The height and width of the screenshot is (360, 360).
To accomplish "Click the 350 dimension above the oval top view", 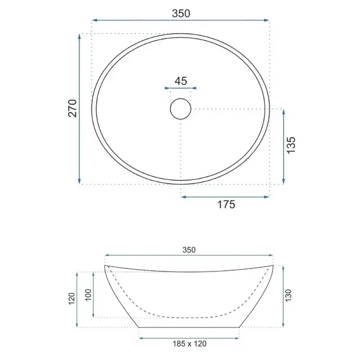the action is coord(181,14).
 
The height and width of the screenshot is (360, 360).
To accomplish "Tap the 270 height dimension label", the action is coord(73,109).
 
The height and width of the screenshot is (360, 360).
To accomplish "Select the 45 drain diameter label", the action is coord(181,81).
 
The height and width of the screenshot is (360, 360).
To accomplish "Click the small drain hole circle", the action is coord(181,109).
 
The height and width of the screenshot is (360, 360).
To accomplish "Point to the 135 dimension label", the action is coord(291,145).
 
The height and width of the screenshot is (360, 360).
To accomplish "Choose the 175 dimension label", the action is coord(226,204).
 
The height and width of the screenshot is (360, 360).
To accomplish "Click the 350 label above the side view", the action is coord(189,250).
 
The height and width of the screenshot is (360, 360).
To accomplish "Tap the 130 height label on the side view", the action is coord(288,295).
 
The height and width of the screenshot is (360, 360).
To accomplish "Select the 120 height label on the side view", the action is coord(72,299).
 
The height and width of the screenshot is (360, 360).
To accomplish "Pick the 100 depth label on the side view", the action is coord(88,295).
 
